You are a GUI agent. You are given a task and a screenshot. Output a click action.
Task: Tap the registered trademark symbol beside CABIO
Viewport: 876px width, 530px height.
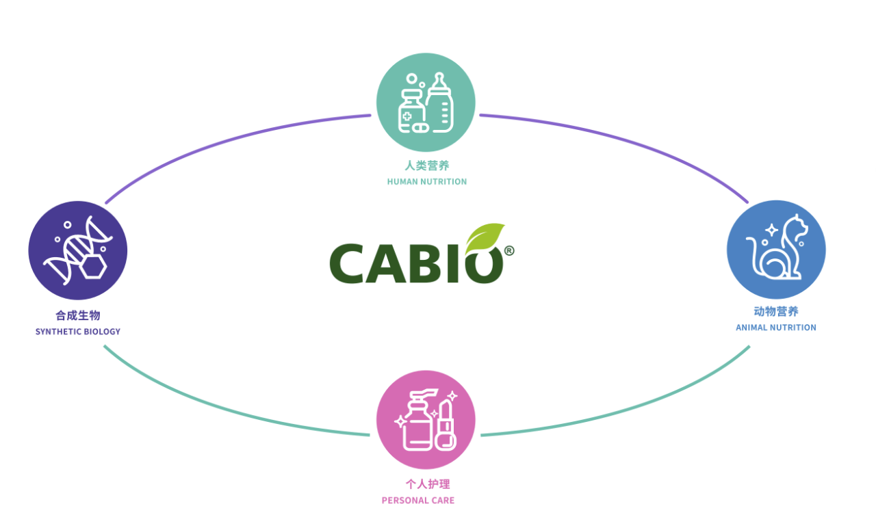[x=508, y=250]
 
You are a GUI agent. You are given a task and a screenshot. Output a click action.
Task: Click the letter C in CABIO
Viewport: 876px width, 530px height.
[x=346, y=263]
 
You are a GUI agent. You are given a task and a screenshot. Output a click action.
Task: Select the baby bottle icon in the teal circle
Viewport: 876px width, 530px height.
[x=439, y=103]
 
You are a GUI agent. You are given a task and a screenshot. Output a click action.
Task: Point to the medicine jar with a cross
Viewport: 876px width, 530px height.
[x=411, y=111]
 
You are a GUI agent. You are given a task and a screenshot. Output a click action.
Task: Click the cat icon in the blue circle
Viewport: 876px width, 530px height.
[x=777, y=247]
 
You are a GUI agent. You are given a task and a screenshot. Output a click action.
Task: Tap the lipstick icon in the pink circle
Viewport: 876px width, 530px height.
[x=446, y=425]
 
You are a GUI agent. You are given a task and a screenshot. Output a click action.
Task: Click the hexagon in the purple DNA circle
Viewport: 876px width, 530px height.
[x=92, y=267]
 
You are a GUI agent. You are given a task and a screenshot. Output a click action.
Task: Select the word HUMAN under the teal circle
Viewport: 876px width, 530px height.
[x=401, y=182]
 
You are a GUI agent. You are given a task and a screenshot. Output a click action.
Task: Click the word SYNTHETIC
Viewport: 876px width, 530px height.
[x=58, y=332]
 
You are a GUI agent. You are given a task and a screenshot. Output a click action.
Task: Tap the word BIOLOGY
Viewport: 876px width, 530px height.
[x=102, y=332]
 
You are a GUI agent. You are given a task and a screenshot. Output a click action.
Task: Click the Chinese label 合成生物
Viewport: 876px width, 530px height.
[x=78, y=315]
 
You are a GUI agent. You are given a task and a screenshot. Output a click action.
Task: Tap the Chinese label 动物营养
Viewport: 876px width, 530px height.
[x=776, y=312]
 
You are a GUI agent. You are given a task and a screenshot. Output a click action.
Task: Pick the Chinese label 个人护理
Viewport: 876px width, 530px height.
[x=428, y=484]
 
